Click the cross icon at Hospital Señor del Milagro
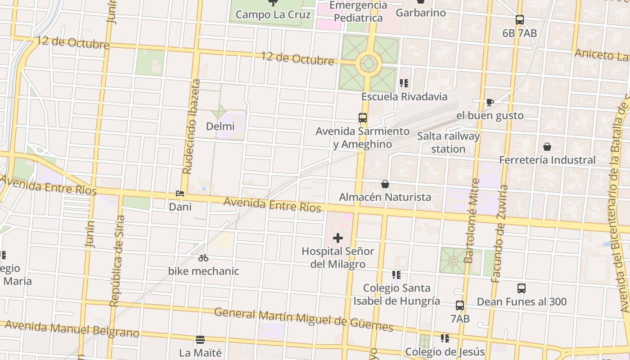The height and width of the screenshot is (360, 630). pyautogui.click(x=338, y=238)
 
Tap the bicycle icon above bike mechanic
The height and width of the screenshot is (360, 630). pyautogui.click(x=203, y=258)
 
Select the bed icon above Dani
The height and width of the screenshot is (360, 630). pyautogui.click(x=180, y=193)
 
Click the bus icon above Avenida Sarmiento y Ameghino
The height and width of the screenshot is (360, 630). pyautogui.click(x=363, y=118)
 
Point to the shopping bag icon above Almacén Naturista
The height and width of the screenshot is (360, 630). pyautogui.click(x=385, y=184)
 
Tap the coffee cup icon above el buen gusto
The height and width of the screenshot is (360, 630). pyautogui.click(x=490, y=103)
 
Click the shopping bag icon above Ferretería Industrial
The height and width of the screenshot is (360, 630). pyautogui.click(x=547, y=147)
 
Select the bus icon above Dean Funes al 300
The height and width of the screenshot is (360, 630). pyautogui.click(x=522, y=288)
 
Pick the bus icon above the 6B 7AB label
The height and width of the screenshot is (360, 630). pyautogui.click(x=520, y=20)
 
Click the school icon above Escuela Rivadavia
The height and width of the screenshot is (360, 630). pyautogui.click(x=404, y=83)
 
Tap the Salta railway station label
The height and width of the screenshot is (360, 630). pyautogui.click(x=448, y=142)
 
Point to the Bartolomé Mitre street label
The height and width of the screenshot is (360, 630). pyautogui.click(x=472, y=220)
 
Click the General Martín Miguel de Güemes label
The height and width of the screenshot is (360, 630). pyautogui.click(x=303, y=319)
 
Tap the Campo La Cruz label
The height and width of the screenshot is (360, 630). pyautogui.click(x=273, y=14)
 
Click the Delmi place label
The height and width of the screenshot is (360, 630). pyautogui.click(x=220, y=126)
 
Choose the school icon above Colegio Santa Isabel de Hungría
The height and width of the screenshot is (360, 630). pyautogui.click(x=396, y=274)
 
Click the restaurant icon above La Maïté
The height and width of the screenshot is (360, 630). pyautogui.click(x=200, y=339)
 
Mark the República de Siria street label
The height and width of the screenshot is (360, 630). pyautogui.click(x=117, y=261)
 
